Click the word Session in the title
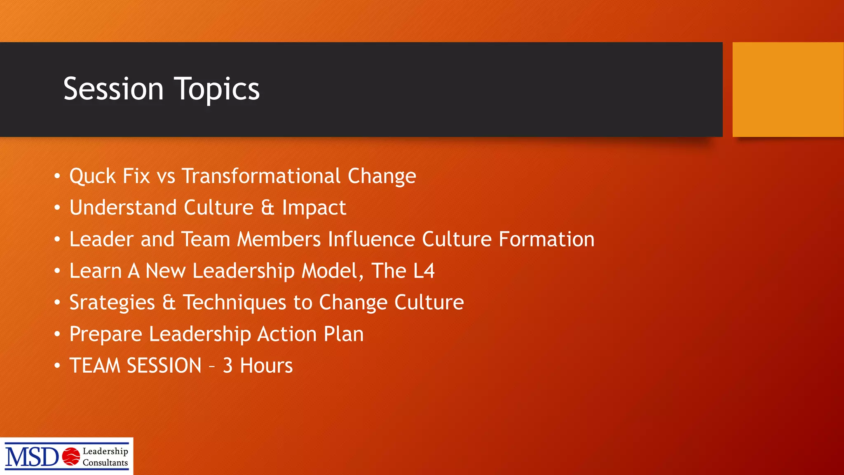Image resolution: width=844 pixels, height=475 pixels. (x=113, y=89)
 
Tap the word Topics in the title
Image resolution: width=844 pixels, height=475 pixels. (x=217, y=89)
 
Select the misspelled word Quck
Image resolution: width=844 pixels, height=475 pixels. (x=92, y=176)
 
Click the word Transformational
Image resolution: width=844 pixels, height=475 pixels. (x=261, y=176)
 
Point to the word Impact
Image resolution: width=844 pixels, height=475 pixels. (x=314, y=208)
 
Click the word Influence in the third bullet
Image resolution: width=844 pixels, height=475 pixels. (x=371, y=240)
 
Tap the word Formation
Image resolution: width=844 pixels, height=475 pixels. (x=546, y=240)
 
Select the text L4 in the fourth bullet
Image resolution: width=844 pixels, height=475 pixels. (x=424, y=271)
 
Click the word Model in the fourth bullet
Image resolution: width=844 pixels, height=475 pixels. (x=330, y=271)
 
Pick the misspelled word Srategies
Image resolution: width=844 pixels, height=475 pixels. (x=112, y=303)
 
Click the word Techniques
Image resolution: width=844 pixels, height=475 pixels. (x=234, y=303)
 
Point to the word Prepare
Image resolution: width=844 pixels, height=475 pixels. (x=105, y=334)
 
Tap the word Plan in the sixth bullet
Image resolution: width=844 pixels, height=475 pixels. (x=343, y=334)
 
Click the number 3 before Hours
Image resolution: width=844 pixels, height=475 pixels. (x=228, y=366)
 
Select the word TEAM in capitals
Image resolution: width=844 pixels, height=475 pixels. (x=95, y=366)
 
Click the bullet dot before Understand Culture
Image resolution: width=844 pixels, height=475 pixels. (x=57, y=208)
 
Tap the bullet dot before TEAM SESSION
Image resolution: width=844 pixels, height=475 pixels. (x=57, y=366)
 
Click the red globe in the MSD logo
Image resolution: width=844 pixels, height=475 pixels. (x=71, y=456)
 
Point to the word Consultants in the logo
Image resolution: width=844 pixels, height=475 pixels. (x=105, y=463)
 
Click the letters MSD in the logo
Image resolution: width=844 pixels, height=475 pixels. (x=32, y=457)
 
